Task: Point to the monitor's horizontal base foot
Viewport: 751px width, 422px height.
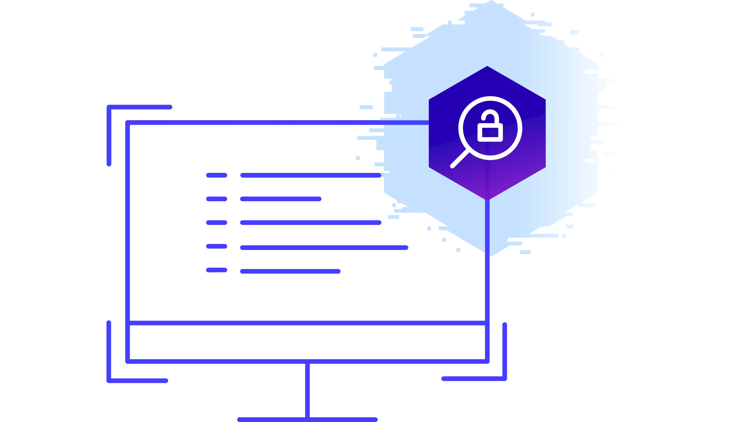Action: coord(307,419)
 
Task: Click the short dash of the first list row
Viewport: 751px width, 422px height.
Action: coord(217,175)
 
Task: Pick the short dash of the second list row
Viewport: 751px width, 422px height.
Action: coord(217,199)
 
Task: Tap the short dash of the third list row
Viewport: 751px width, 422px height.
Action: coord(217,222)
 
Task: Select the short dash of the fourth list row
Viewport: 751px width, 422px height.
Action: coord(217,246)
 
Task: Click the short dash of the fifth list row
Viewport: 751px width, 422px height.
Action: coord(217,270)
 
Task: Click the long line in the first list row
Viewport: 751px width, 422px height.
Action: coord(310,175)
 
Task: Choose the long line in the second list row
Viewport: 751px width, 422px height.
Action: coord(280,199)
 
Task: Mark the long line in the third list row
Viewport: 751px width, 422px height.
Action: coord(310,222)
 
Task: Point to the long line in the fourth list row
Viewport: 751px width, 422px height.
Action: coord(324,248)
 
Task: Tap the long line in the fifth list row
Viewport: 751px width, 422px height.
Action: coord(290,271)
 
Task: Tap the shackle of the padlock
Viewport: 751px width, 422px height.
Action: coord(490,116)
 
